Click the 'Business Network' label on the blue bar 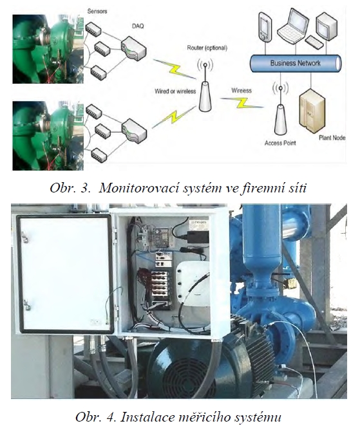(x=295, y=63)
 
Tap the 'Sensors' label (x=97, y=12)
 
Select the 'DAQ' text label (x=138, y=26)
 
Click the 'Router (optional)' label (x=207, y=48)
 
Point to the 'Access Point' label (x=280, y=143)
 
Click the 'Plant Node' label (x=332, y=138)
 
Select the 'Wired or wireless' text (x=175, y=91)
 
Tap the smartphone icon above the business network (x=265, y=27)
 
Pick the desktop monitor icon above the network (x=326, y=26)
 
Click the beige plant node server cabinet (x=312, y=111)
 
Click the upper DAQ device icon (x=133, y=48)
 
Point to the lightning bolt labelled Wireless (x=242, y=102)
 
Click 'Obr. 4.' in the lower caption (x=96, y=417)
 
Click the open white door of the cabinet (x=65, y=274)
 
